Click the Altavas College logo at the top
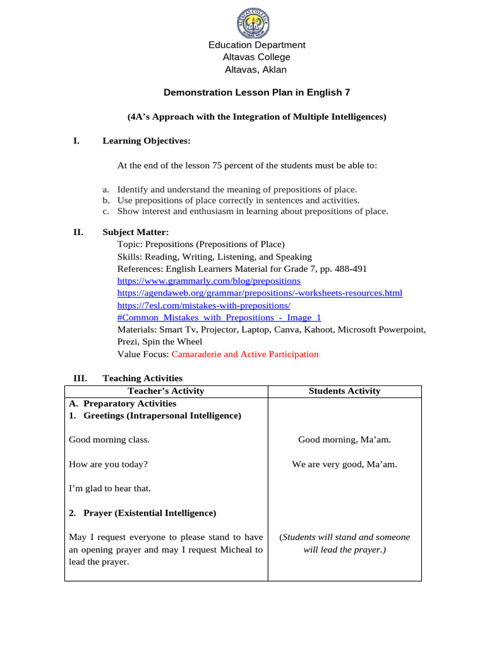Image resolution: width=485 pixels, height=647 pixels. [x=256, y=23]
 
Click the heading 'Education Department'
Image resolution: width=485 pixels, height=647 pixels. [x=256, y=45]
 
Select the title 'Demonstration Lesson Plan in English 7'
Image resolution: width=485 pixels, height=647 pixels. [x=256, y=92]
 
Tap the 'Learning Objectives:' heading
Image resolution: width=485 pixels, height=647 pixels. [x=147, y=141]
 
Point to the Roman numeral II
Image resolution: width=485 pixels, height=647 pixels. [x=78, y=232]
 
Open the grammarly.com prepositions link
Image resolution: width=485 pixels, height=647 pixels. [x=209, y=281]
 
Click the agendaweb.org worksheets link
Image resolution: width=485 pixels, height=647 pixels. [x=260, y=293]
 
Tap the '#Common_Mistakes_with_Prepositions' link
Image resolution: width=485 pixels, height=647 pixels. [x=219, y=318]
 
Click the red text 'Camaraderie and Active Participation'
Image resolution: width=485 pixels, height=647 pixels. [x=245, y=354]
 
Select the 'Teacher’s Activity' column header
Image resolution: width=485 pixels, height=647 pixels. [x=165, y=391]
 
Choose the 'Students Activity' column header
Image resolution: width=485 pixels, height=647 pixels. [x=344, y=391]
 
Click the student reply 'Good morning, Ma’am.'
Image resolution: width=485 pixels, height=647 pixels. [x=344, y=440]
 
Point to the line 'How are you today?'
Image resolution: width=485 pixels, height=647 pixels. [x=108, y=464]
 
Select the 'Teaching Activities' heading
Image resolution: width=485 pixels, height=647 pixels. [x=142, y=378]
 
